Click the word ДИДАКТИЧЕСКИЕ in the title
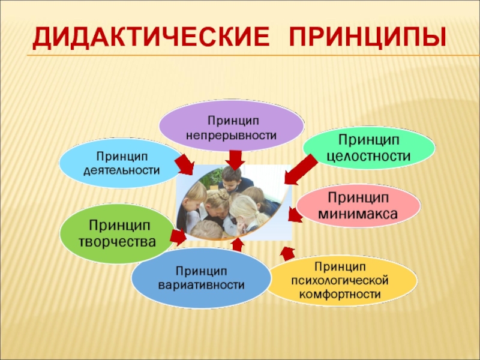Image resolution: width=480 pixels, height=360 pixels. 151,38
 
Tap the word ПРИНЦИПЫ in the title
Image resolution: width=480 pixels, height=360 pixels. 367,38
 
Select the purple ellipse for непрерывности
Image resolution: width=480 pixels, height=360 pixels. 232,125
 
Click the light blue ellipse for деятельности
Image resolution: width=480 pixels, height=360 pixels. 122,163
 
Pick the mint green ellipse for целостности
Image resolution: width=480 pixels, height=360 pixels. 369,148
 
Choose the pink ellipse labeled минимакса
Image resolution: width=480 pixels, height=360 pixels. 358,205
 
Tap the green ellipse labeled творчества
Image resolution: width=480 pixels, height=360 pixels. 118,233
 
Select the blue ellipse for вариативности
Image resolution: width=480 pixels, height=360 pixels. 201,278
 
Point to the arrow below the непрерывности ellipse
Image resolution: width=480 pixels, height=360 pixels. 235,160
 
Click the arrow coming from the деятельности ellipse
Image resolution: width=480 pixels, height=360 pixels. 185,164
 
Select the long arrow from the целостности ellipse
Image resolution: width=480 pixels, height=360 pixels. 301,169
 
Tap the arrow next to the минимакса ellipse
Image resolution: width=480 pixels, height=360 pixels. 295,214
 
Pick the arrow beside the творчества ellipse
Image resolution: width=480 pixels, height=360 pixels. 178,237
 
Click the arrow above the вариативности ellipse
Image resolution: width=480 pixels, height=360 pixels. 238,245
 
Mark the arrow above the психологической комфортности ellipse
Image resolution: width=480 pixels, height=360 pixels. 287,253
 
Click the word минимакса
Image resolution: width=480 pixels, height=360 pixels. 358,214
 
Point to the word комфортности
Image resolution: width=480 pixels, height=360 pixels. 340,295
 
